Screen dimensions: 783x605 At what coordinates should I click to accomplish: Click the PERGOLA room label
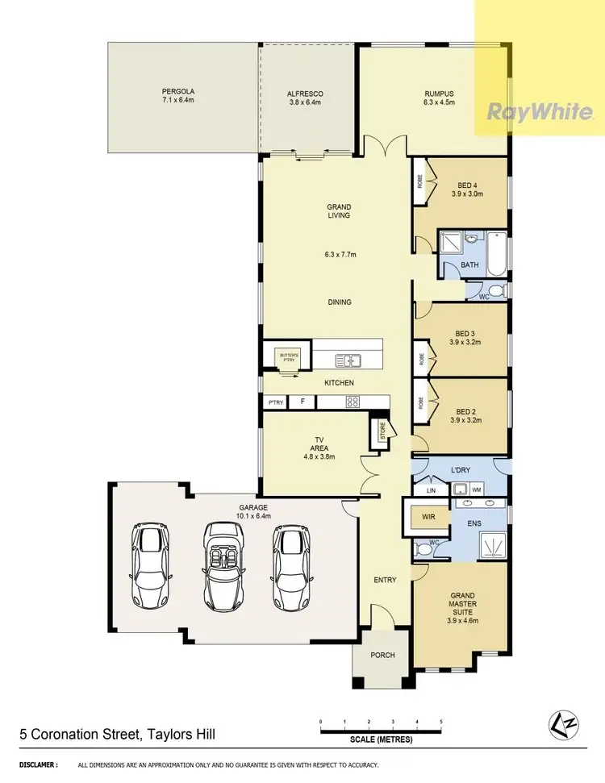tap(178, 97)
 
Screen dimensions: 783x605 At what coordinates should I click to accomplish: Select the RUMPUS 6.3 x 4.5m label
tap(440, 98)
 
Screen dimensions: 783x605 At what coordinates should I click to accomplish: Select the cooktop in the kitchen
tap(352, 401)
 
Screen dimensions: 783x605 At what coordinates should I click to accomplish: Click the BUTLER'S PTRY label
tap(289, 356)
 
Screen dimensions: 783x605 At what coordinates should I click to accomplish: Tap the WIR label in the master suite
tap(425, 518)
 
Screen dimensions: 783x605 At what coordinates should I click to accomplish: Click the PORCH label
tap(383, 655)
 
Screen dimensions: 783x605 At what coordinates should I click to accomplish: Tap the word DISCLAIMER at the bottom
tap(38, 764)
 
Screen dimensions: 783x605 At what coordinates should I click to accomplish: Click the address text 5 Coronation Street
tap(117, 734)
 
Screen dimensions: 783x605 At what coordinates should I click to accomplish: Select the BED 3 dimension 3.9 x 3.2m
tap(465, 341)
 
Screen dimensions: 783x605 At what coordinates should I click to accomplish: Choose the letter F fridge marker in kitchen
tap(302, 401)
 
